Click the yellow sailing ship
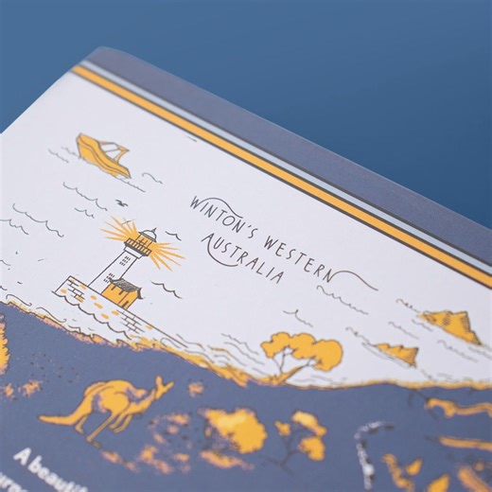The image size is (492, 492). tap(102, 155)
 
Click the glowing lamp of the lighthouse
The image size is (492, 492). tap(139, 243)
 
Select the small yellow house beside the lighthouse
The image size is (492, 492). tap(123, 292)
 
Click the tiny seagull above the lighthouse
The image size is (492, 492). tap(120, 202)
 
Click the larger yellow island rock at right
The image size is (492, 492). tap(452, 325)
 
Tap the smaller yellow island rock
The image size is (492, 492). tap(397, 353)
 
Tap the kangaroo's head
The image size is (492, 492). tap(162, 384)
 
